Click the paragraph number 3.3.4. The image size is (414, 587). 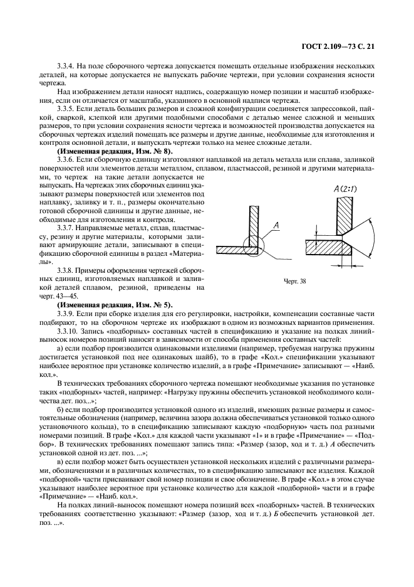[x=66, y=66]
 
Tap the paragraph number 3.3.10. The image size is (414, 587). [x=68, y=331]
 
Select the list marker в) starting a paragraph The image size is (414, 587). [x=60, y=461]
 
